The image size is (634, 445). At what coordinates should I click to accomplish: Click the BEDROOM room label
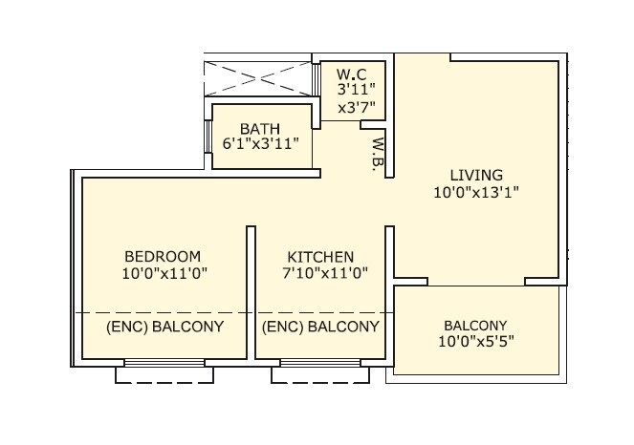pos(163,257)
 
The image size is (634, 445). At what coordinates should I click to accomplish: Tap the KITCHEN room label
pos(321,257)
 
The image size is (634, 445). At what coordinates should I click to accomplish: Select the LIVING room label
pos(477,175)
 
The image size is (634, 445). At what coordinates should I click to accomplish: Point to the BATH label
pos(260,127)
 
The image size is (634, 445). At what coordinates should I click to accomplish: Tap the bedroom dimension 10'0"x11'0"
pos(164,274)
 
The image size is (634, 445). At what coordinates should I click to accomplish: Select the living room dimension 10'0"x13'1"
pos(476,192)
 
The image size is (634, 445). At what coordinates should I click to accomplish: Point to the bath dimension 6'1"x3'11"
pos(261,144)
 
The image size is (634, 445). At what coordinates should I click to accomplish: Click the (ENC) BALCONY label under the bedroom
pos(164,327)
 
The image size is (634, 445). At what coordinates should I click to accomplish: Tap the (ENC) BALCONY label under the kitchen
pos(320,327)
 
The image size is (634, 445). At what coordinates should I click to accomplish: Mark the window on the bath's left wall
pos(208,138)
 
